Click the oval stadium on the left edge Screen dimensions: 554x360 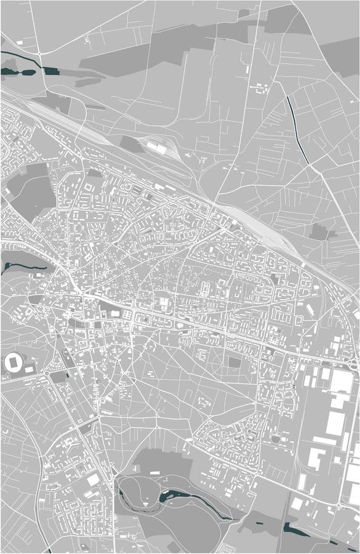point(12,363)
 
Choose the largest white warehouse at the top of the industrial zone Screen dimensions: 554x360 point(342,382)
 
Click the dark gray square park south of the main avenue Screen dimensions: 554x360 point(234,362)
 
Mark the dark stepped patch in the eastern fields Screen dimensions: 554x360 point(319,232)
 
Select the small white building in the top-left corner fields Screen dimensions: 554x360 point(19,42)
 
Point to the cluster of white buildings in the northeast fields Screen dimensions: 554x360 point(262,87)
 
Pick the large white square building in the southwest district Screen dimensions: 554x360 point(92,479)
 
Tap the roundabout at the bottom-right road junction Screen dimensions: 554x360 point(338,507)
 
